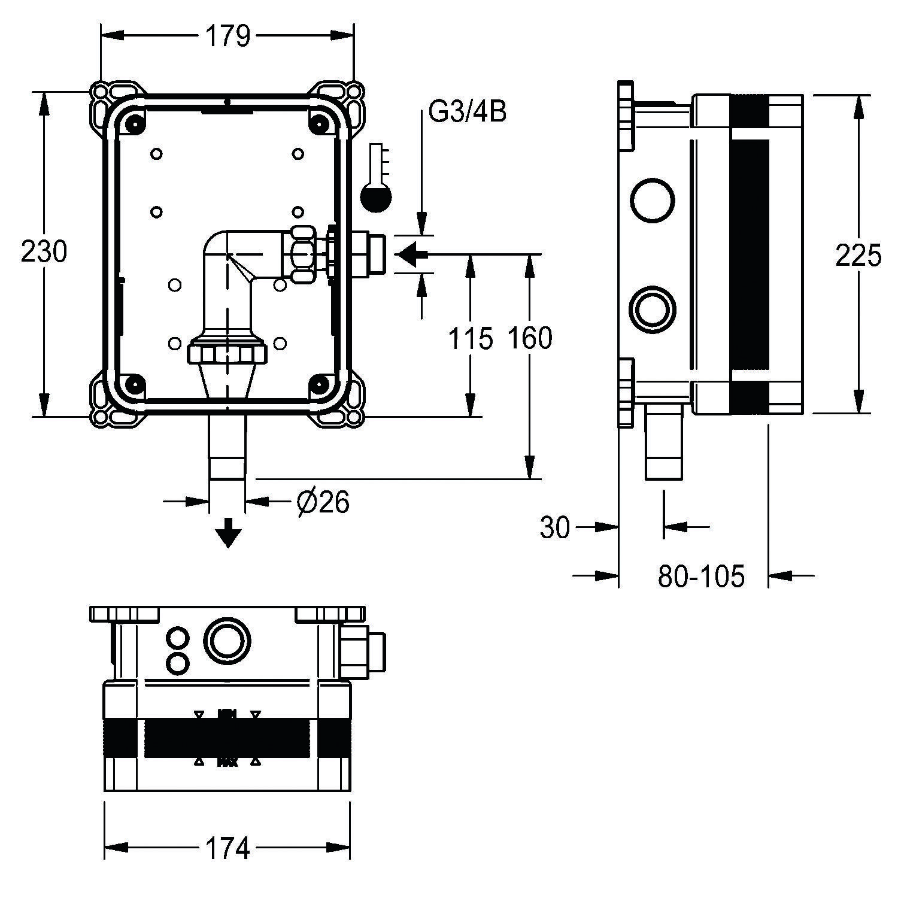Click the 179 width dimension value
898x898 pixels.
coord(227,37)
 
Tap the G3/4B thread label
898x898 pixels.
coord(468,111)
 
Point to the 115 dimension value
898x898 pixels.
coord(471,339)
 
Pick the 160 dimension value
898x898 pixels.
coord(530,339)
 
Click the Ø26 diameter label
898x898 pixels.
coord(323,502)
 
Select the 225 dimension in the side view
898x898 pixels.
coord(858,256)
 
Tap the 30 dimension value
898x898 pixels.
coord(555,528)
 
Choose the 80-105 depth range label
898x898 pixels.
coord(701,577)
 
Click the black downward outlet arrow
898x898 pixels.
coord(228,532)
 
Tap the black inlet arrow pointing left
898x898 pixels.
coord(412,254)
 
